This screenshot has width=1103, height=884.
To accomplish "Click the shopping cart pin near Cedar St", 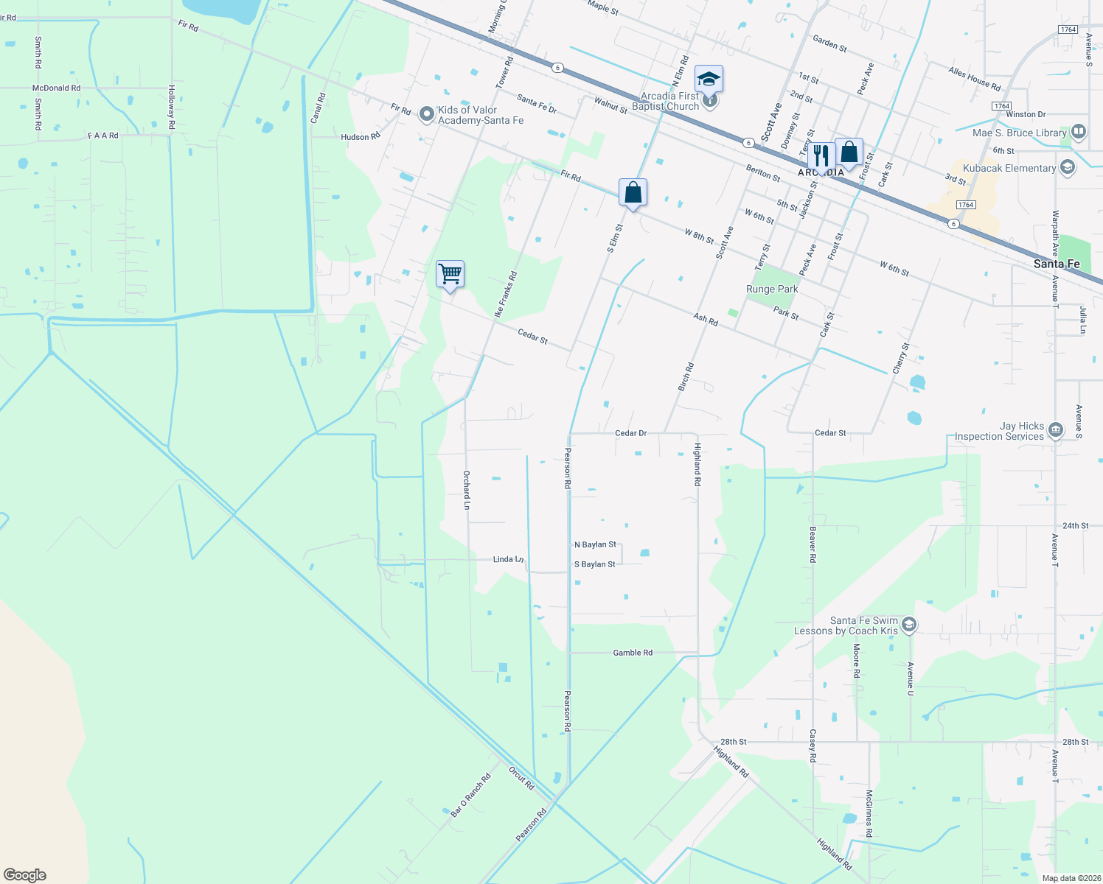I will (x=450, y=275).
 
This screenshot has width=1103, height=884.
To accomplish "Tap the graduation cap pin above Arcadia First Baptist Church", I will (x=708, y=79).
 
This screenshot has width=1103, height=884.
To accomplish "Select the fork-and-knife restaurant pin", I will (x=820, y=155).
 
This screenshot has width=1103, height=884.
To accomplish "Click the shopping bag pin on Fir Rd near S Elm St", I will (x=633, y=193).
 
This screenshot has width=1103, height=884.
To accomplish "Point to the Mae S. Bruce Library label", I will (x=1020, y=133).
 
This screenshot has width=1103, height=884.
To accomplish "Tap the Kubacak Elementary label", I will (x=1009, y=168).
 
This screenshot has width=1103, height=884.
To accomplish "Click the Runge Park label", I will (x=772, y=289).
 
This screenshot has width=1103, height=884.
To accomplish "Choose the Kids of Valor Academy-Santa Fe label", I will (x=480, y=115).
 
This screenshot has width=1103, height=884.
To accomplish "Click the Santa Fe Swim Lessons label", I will (x=846, y=625).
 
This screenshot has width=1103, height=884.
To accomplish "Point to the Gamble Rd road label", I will (x=633, y=653).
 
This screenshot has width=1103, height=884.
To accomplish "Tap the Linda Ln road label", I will (x=508, y=559).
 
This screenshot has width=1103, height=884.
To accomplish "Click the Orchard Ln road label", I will (x=467, y=490).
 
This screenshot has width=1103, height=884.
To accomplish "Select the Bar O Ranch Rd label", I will (x=470, y=796).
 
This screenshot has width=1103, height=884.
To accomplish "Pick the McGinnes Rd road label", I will (x=869, y=813).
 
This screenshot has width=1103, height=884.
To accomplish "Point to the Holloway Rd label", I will (x=171, y=107).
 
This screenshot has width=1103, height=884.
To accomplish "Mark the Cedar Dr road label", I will (x=630, y=433).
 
